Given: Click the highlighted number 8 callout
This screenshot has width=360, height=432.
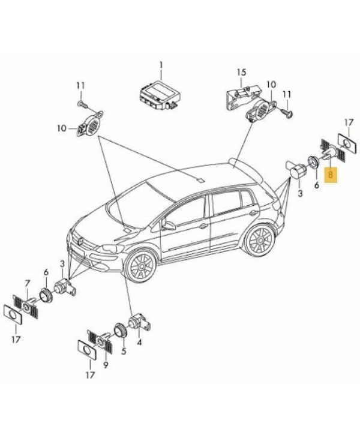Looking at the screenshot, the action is click(x=331, y=175).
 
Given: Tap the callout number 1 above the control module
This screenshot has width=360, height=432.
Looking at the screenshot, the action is click(x=161, y=66).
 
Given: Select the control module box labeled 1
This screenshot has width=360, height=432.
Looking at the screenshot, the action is click(x=160, y=95).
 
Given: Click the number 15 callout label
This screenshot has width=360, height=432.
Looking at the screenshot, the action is click(x=241, y=73).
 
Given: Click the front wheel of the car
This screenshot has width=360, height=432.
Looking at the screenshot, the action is click(x=140, y=266).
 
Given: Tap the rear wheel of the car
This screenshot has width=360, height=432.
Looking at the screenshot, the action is click(x=260, y=240).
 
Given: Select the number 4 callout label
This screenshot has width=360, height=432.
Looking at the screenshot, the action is click(x=139, y=343).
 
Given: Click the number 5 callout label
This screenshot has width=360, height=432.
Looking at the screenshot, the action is click(x=124, y=351).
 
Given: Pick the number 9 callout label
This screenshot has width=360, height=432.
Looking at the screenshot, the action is click(x=106, y=365).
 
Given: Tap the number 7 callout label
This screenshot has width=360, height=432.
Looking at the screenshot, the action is click(x=27, y=283).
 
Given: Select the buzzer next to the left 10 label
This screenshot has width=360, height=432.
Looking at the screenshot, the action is click(x=90, y=125).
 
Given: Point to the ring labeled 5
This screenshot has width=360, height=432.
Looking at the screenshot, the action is click(x=121, y=330).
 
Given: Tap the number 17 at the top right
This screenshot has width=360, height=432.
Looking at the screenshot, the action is click(x=349, y=122).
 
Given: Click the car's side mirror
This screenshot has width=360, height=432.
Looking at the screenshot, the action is click(x=168, y=224).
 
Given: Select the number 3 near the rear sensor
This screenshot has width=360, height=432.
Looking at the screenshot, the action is click(x=300, y=193).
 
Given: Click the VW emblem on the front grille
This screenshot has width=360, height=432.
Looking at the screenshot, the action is click(x=81, y=241).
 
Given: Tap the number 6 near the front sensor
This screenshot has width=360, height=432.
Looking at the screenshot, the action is click(x=46, y=272).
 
